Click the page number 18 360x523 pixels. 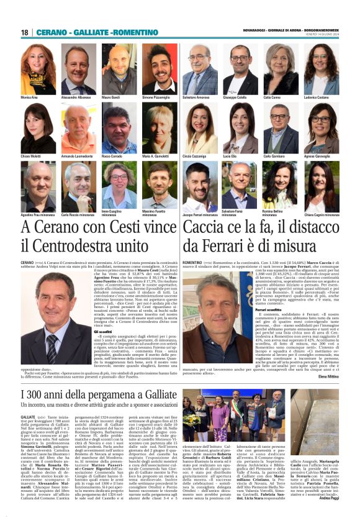25,32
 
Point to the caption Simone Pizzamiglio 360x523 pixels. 159,98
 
